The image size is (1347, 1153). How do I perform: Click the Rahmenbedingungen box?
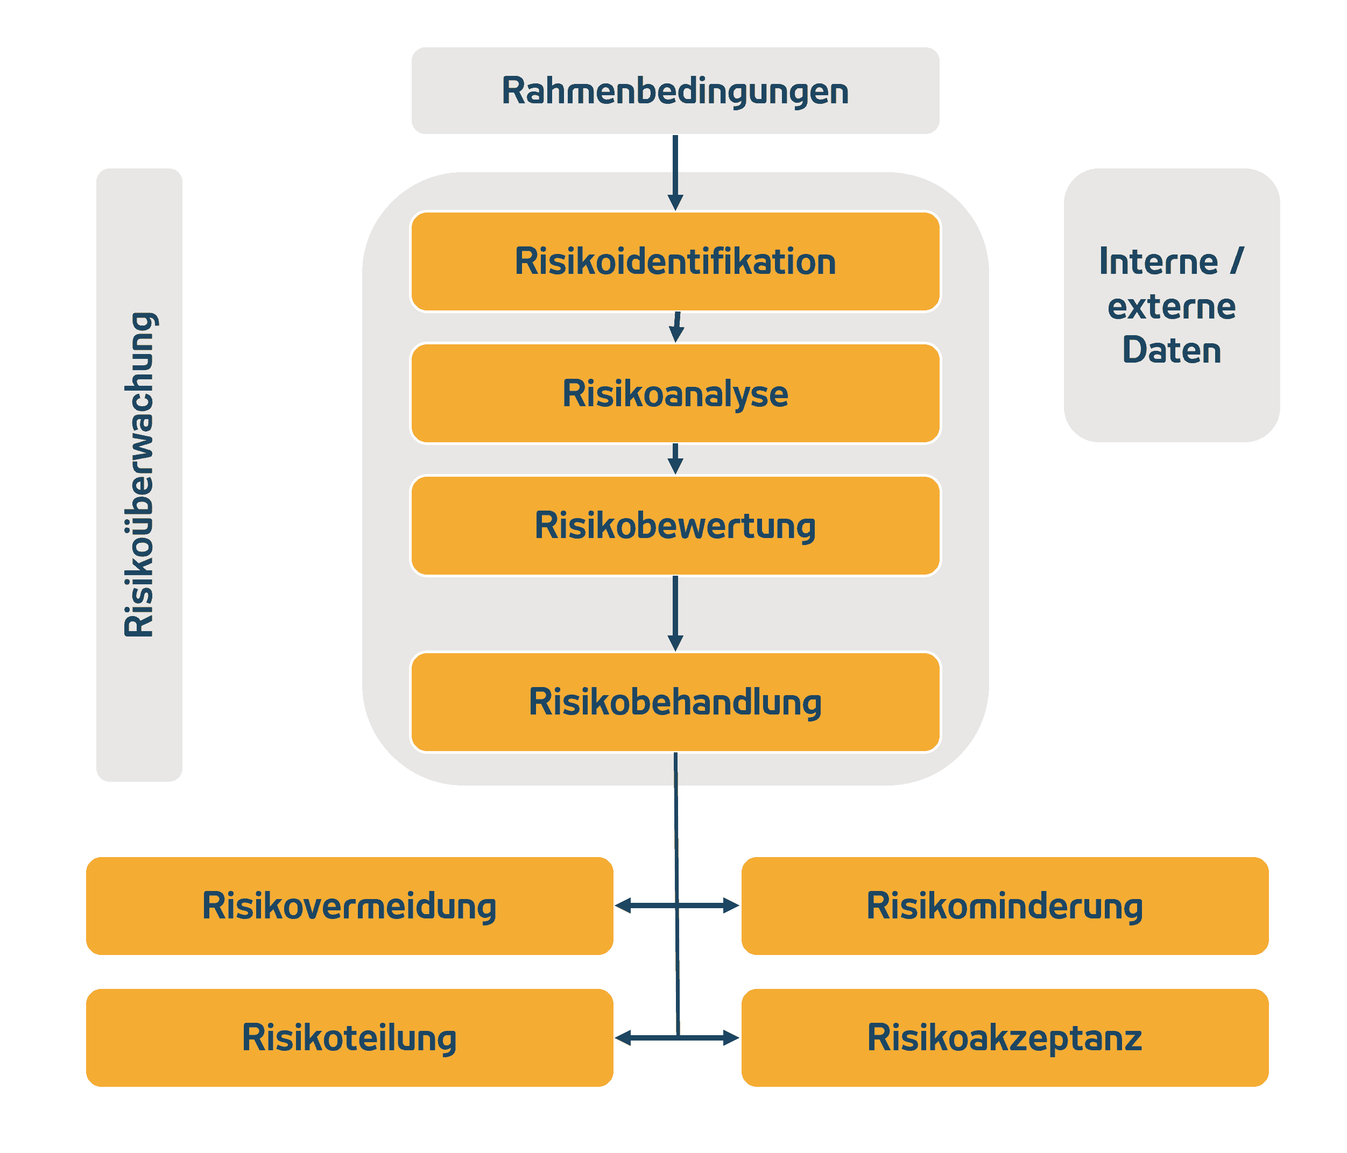pyautogui.click(x=675, y=90)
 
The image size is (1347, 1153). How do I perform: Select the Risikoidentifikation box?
pyautogui.click(x=675, y=261)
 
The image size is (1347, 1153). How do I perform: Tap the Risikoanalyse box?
pyautogui.click(x=675, y=393)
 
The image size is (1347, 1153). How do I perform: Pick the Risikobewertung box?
pyautogui.click(x=675, y=525)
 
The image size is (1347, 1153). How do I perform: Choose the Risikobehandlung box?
pyautogui.click(x=675, y=702)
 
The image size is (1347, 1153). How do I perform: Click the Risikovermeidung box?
pyautogui.click(x=349, y=906)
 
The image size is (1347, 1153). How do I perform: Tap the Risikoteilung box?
pyautogui.click(x=349, y=1037)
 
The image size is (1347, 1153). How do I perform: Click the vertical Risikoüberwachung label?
pyautogui.click(x=139, y=475)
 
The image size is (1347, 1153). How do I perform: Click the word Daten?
pyautogui.click(x=1172, y=350)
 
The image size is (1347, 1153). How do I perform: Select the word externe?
pyautogui.click(x=1172, y=306)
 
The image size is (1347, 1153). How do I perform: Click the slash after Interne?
pyautogui.click(x=1237, y=261)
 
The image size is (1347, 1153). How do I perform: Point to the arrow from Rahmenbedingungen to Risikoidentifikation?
pyautogui.click(x=675, y=172)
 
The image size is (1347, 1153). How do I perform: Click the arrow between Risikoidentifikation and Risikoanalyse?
pyautogui.click(x=676, y=328)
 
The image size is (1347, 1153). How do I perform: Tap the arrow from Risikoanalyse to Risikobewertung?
pyautogui.click(x=675, y=459)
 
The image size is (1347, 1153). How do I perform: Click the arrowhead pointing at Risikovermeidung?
pyautogui.click(x=623, y=906)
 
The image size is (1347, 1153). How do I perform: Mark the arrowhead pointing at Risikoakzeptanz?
pyautogui.click(x=731, y=1038)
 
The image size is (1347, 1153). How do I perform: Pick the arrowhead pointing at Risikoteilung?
pyautogui.click(x=623, y=1038)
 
